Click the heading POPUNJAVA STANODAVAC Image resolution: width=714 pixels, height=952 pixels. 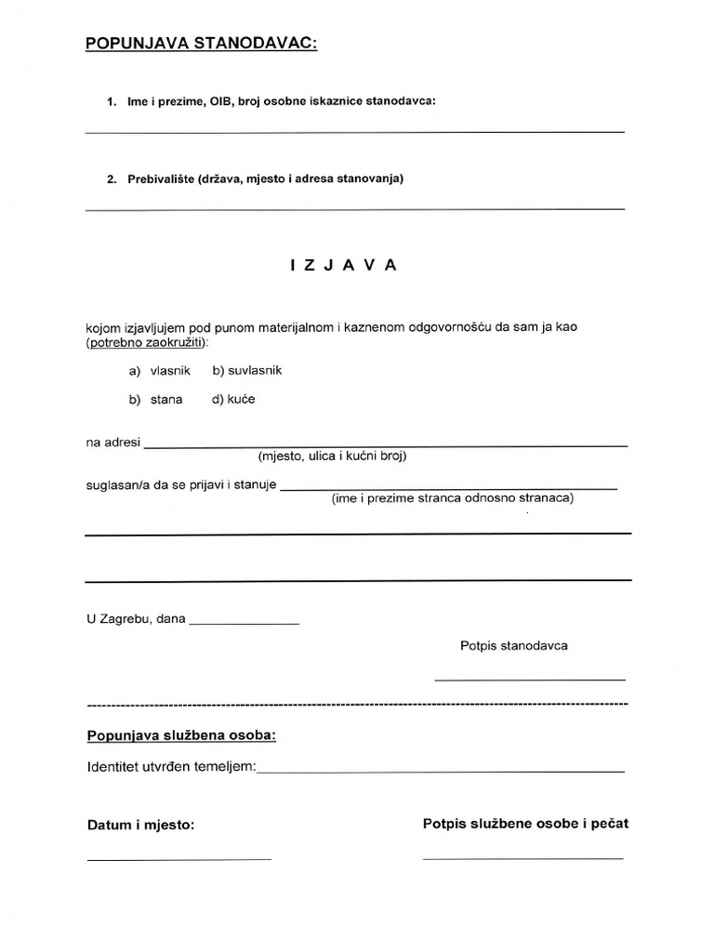pyautogui.click(x=201, y=43)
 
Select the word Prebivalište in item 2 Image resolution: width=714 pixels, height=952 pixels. pyautogui.click(x=161, y=178)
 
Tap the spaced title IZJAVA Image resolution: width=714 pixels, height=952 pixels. pyautogui.click(x=343, y=265)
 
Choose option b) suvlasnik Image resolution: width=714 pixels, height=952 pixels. pyautogui.click(x=246, y=370)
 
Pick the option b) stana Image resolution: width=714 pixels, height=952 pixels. pyautogui.click(x=156, y=400)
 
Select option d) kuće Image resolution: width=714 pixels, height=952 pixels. pyautogui.click(x=233, y=400)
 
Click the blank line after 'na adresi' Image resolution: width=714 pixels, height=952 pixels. pyautogui.click(x=386, y=444)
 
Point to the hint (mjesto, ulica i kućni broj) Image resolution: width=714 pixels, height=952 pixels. pyautogui.click(x=333, y=456)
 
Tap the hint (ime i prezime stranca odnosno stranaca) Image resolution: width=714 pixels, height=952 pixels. pyautogui.click(x=453, y=498)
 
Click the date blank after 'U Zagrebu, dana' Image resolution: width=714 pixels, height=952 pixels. pyautogui.click(x=244, y=621)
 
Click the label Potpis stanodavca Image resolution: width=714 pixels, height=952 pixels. pyautogui.click(x=513, y=645)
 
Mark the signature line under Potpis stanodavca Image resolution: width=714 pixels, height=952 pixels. pyautogui.click(x=529, y=680)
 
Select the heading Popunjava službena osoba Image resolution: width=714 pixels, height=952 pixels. pyautogui.click(x=181, y=735)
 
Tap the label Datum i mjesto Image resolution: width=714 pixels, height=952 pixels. pyautogui.click(x=140, y=825)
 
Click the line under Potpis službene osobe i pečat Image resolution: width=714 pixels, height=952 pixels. pyautogui.click(x=522, y=857)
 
